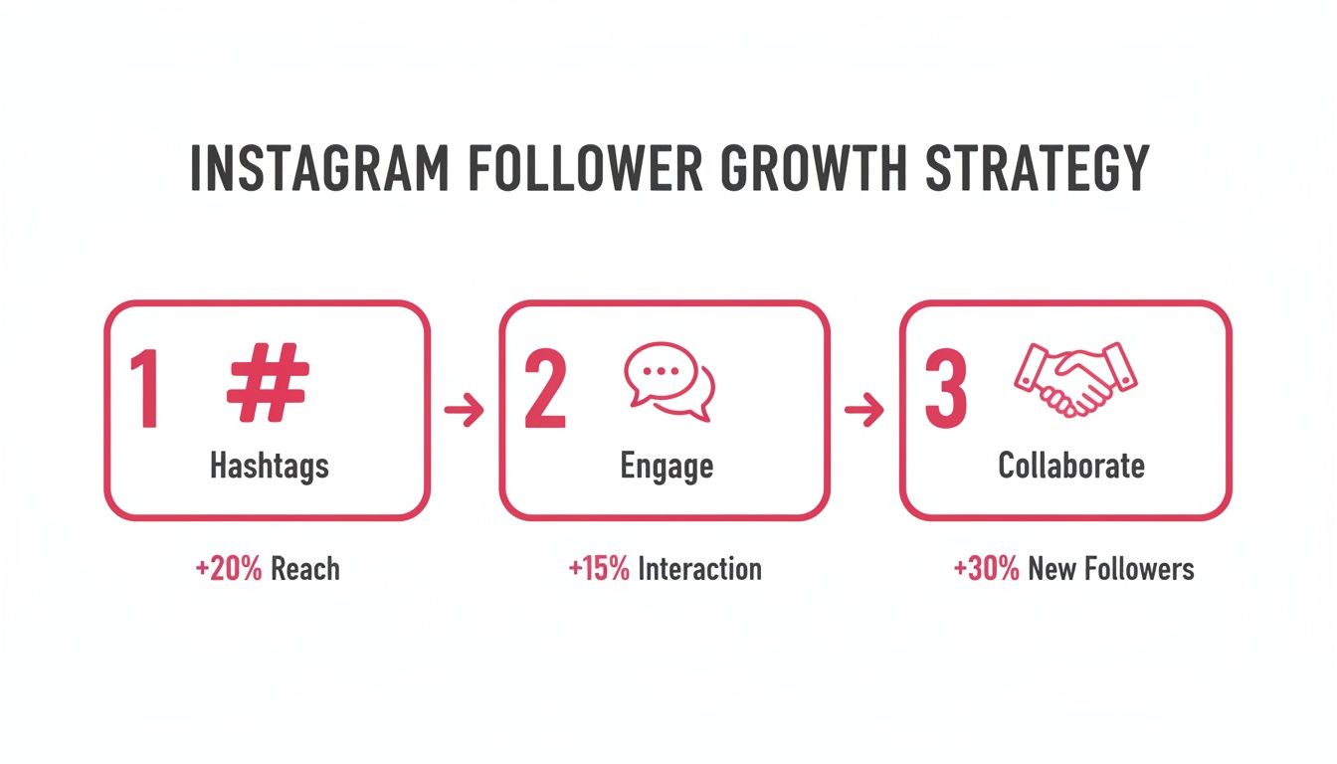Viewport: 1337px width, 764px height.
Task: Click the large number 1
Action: (x=145, y=392)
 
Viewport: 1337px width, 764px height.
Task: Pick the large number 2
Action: (x=544, y=392)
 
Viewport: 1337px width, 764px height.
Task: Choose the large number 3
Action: (x=944, y=392)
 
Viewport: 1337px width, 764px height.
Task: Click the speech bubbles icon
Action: (x=668, y=381)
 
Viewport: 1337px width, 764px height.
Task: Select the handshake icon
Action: (x=1074, y=378)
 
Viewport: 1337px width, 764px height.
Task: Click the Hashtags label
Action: (x=269, y=467)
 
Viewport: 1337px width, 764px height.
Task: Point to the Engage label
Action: (x=667, y=467)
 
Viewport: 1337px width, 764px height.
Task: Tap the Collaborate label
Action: (x=1071, y=466)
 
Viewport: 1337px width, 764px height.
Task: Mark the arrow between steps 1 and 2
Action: (x=464, y=410)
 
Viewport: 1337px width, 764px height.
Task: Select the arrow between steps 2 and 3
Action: (x=863, y=410)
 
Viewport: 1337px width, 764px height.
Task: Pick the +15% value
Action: (x=599, y=569)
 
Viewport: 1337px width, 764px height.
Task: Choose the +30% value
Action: (x=986, y=569)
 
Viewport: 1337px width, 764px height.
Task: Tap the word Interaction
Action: (x=699, y=569)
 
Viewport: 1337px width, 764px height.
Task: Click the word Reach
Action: (x=305, y=569)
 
